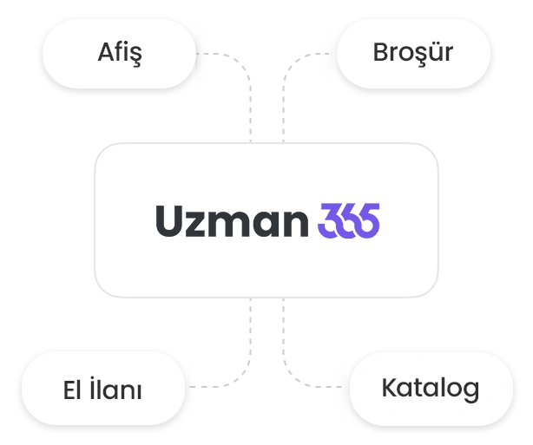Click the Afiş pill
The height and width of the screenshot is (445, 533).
click(x=120, y=54)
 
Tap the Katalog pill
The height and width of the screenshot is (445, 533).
click(x=430, y=388)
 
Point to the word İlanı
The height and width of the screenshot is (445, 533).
click(x=121, y=389)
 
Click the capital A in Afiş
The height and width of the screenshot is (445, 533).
click(x=104, y=53)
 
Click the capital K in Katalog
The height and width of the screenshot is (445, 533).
click(x=389, y=388)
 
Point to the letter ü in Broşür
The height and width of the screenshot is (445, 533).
click(x=435, y=53)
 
